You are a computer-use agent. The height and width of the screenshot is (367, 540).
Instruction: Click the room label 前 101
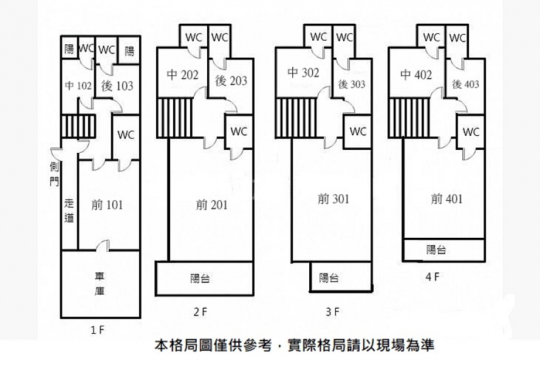106,205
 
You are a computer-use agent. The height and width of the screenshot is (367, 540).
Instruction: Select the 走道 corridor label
69,211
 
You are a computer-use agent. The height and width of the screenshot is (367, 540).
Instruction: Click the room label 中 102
78,86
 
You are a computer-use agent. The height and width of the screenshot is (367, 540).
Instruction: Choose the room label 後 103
117,86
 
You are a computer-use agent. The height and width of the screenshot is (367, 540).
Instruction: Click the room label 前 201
211,205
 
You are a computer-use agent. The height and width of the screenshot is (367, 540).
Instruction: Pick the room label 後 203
231,80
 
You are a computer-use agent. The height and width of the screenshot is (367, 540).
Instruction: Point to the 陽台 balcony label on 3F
329,278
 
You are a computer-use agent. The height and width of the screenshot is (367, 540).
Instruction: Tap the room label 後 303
352,84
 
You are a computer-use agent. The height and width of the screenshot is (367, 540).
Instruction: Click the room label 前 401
446,198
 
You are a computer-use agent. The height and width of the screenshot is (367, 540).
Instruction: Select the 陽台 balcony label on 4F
436,249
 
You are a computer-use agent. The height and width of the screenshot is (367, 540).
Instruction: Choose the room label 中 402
416,75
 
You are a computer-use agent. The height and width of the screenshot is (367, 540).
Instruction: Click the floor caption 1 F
97,331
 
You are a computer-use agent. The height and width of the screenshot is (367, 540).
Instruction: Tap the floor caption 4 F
432,277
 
